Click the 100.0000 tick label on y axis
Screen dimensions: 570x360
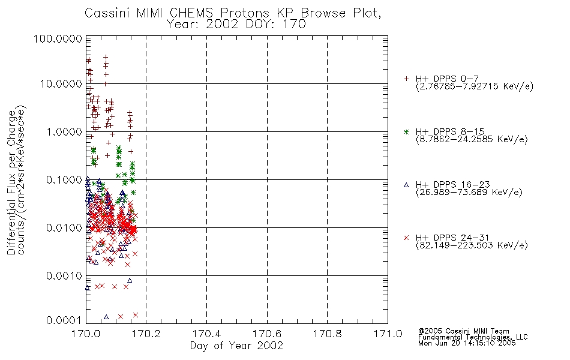point(58,38)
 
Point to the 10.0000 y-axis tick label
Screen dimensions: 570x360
point(61,84)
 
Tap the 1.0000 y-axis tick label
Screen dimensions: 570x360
point(64,131)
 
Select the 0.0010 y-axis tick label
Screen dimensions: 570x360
point(64,276)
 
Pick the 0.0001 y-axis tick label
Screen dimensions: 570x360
point(64,320)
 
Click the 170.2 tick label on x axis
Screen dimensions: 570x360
point(146,334)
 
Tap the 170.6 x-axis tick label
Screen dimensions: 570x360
point(267,334)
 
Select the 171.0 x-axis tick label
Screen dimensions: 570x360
point(388,334)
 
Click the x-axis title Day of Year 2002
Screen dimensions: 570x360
point(236,346)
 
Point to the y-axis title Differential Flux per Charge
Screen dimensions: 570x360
point(11,182)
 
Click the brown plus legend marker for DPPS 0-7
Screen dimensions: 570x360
point(406,79)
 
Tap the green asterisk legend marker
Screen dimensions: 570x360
point(406,131)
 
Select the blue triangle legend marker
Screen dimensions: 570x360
point(406,185)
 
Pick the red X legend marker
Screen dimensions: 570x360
point(406,238)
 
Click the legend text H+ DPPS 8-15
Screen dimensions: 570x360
point(450,132)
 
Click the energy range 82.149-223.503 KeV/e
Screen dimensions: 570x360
point(472,245)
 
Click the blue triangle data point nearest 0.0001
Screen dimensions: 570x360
point(106,317)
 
